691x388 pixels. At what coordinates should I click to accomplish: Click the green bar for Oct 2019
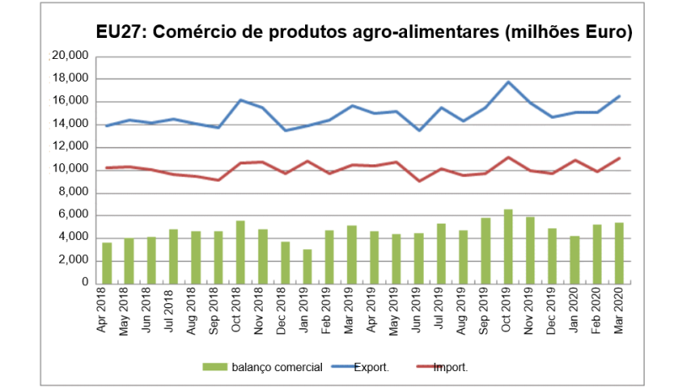click(x=508, y=246)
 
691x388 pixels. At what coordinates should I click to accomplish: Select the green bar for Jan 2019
click(x=308, y=266)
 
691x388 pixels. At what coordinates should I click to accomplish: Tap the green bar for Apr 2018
click(x=107, y=263)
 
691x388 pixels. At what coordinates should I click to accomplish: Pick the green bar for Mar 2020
click(x=619, y=252)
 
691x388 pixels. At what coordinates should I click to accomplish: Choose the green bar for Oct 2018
click(x=240, y=252)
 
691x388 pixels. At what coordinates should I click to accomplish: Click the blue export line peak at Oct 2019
click(x=508, y=82)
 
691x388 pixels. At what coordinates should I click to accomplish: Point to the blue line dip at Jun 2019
click(x=419, y=130)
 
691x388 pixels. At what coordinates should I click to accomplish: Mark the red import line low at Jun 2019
click(x=419, y=181)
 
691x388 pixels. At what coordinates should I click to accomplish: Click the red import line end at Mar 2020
click(x=619, y=157)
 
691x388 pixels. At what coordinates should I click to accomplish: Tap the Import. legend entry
click(x=450, y=367)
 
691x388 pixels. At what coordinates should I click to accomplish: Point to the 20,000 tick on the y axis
click(x=70, y=56)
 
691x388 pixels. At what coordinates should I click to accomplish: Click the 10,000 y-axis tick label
click(x=70, y=169)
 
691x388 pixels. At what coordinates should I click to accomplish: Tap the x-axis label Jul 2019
click(x=442, y=311)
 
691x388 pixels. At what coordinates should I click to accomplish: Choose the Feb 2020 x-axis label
click(x=597, y=311)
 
